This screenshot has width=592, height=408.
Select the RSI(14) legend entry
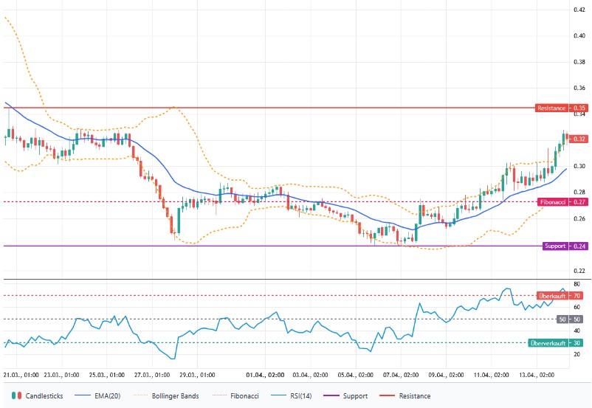click(x=296, y=396)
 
